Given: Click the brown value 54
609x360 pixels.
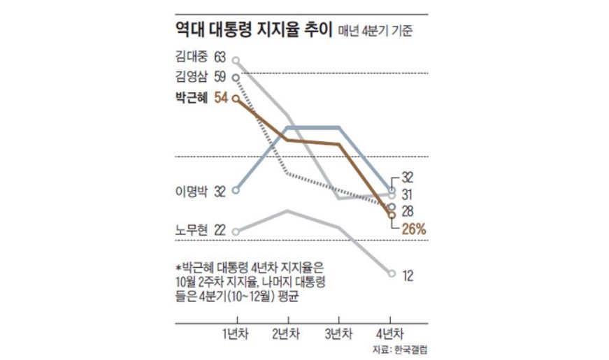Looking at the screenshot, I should tap(220, 99).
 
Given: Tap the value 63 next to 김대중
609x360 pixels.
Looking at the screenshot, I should tap(220, 56).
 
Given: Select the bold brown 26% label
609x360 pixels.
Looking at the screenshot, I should tap(414, 229).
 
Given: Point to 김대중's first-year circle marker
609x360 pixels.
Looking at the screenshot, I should tap(236, 61).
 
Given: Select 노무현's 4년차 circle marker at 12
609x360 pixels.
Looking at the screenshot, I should tap(392, 273).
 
